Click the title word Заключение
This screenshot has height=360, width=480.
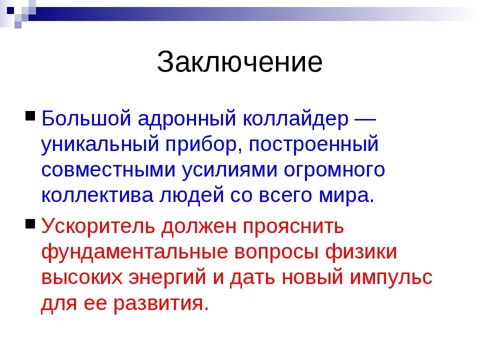coord(239,62)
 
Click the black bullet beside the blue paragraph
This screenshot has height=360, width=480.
coord(30,115)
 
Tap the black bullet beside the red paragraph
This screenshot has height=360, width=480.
coord(30,223)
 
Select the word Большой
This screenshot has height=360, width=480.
coord(86,118)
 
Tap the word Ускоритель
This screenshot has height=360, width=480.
coord(98,226)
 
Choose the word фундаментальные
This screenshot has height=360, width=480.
coord(135,252)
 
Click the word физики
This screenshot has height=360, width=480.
coord(361,252)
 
